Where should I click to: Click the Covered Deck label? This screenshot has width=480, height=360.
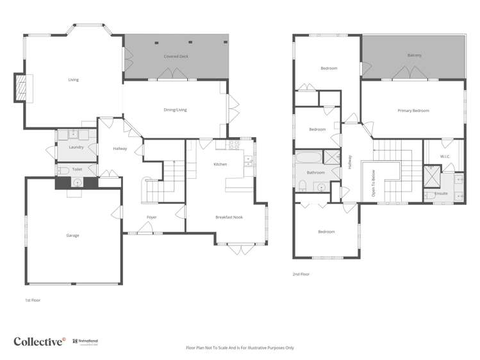coord(176,56)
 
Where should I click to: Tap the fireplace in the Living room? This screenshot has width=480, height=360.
coord(22,88)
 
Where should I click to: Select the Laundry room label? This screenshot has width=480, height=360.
coord(76,147)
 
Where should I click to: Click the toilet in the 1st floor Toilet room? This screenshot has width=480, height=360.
coord(62,170)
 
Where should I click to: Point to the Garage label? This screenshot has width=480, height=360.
coord(72,236)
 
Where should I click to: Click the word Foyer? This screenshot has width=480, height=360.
coord(151,217)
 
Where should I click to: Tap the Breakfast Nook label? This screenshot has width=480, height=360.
coord(228,217)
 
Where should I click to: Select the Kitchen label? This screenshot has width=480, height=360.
coord(220,164)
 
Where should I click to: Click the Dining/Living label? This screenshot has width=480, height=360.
coord(175,110)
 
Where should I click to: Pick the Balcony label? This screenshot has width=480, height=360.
coord(414,55)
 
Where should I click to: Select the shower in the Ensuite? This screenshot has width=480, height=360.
coord(433,176)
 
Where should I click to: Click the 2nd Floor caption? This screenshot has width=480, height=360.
coord(301,274)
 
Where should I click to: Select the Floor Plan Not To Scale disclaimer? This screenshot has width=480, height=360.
coord(240,348)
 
